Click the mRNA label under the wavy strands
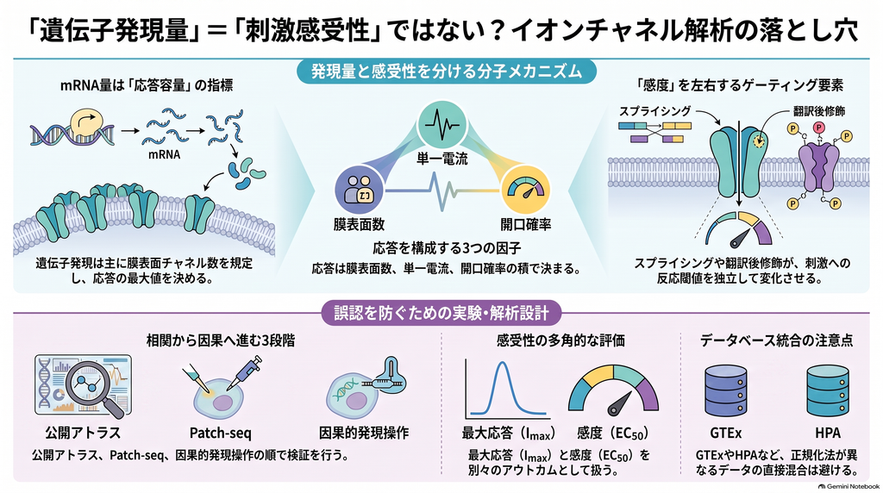(x=165, y=153)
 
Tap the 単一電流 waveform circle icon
(x=442, y=125)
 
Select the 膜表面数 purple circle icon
(x=360, y=190)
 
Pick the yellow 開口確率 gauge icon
(x=525, y=191)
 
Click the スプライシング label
(x=655, y=111)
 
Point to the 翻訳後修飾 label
(x=819, y=111)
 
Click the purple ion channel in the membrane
(x=819, y=167)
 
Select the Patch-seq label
(x=220, y=433)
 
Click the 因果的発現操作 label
(x=364, y=433)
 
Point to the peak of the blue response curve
(x=502, y=363)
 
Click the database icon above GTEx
(x=726, y=390)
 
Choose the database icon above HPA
(x=827, y=390)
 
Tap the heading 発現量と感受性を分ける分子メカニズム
(x=446, y=72)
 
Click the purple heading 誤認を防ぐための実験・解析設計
(x=441, y=313)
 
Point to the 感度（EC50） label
(x=613, y=434)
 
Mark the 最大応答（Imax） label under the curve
(x=509, y=434)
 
